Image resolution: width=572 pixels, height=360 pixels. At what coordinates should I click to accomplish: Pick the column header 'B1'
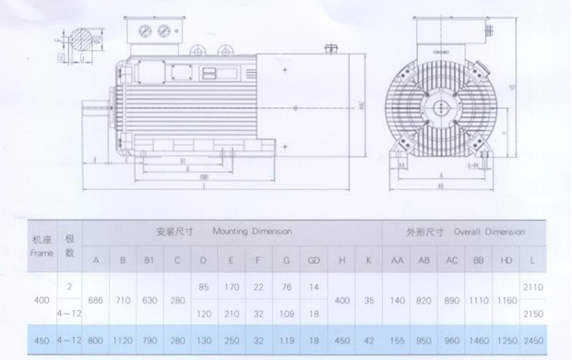pyautogui.click(x=148, y=260)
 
